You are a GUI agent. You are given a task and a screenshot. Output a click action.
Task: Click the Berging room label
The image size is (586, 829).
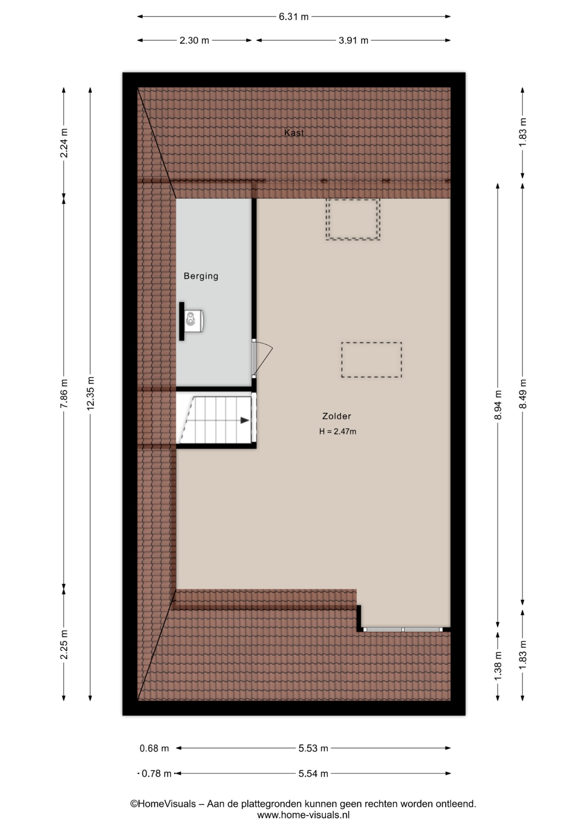[x=201, y=276]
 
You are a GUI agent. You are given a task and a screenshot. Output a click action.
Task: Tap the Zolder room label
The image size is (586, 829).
[x=337, y=416]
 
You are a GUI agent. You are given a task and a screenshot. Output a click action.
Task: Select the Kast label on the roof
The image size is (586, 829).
[x=294, y=133]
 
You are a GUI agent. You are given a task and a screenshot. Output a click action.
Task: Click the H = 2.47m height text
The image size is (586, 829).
[x=337, y=431]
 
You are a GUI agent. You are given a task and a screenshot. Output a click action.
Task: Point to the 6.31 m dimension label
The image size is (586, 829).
[x=293, y=17]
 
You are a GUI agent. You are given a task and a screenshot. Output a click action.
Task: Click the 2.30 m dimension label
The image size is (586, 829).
[x=194, y=41]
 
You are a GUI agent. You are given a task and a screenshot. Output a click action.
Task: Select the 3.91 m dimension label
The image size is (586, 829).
[x=353, y=41]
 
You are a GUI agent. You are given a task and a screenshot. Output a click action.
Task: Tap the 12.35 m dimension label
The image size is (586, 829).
[x=90, y=393]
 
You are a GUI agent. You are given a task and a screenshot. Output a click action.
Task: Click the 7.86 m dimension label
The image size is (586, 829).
[x=64, y=393]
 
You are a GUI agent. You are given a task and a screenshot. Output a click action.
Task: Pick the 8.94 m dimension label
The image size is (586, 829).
[x=498, y=405]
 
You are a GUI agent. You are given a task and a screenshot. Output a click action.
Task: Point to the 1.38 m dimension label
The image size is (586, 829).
[x=498, y=665]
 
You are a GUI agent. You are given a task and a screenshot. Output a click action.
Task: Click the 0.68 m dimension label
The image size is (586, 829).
[x=154, y=748]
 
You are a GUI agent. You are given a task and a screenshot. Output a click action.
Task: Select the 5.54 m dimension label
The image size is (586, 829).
[x=313, y=773]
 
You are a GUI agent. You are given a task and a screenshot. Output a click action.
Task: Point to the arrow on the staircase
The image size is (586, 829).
[x=245, y=420]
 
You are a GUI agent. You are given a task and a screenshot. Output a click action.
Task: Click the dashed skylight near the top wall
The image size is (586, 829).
[x=353, y=219]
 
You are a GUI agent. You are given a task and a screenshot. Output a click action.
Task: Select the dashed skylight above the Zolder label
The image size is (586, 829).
[x=372, y=360]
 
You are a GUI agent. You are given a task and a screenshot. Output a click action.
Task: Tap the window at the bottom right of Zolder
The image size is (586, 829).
[x=403, y=630]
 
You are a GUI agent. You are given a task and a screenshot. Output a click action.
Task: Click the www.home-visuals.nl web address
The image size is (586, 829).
[x=303, y=815]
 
